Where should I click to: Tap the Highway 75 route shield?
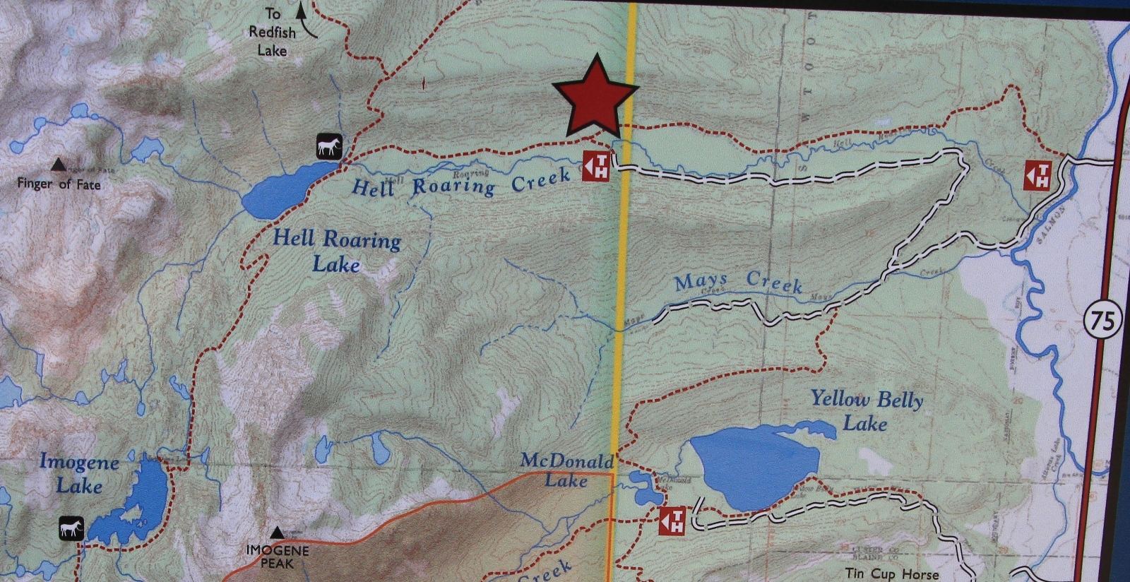click(x=1102, y=321)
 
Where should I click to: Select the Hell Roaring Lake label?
click(x=337, y=251)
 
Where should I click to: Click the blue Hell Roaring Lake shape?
click(x=279, y=191)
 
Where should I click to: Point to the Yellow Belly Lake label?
click(x=866, y=411)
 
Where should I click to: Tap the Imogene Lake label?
click(x=79, y=474)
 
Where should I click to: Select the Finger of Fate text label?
click(x=59, y=184)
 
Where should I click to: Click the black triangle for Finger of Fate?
click(x=59, y=165)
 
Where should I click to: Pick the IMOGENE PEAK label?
click(x=277, y=557)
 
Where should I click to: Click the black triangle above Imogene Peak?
click(x=278, y=533)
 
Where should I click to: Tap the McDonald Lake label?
click(x=566, y=470)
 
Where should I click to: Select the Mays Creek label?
click(x=738, y=282)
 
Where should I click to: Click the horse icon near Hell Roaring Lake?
click(x=329, y=146)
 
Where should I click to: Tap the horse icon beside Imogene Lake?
click(x=71, y=528)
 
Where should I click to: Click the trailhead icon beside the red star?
click(x=595, y=167)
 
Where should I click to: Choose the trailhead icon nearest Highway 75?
click(x=1037, y=176)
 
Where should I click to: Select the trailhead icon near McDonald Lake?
click(x=672, y=521)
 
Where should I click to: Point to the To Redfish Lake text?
click(x=273, y=32)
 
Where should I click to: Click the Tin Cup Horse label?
click(x=891, y=574)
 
